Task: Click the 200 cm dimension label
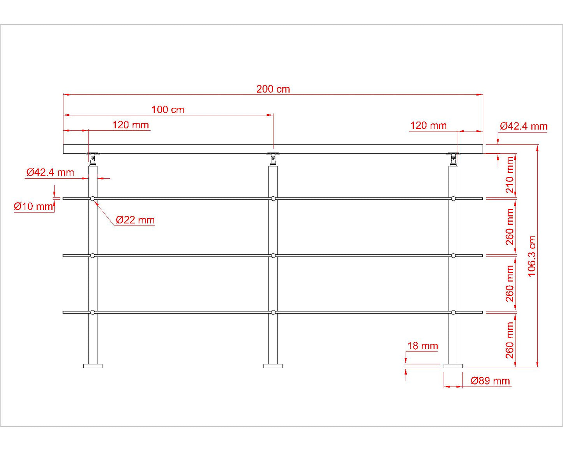pos(273,89)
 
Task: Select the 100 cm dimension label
pos(168,110)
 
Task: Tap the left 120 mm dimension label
pos(131,125)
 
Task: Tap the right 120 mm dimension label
pos(428,126)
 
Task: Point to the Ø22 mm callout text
pos(135,220)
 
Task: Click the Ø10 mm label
pos(34,206)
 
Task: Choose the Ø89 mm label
pos(490,381)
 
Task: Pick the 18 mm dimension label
pos(423,346)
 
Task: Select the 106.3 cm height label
pos(532,256)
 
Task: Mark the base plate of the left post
pos(93,366)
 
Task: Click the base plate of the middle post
pos(273,366)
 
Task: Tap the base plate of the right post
pos(453,366)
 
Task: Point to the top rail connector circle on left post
pos(93,199)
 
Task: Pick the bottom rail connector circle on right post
pos(453,312)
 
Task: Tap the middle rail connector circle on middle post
pos(273,256)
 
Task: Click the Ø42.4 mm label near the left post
pos(50,172)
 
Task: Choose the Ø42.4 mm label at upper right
pos(524,126)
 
